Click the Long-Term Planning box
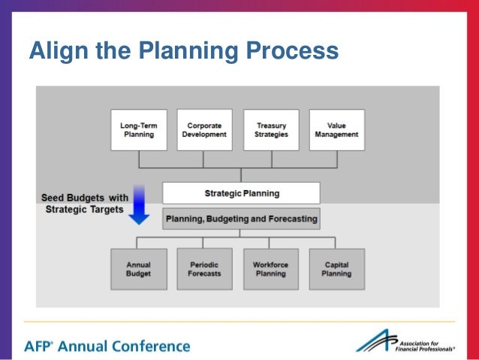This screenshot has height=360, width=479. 138,130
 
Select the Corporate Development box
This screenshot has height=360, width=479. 204,130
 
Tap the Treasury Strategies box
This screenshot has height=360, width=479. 271,130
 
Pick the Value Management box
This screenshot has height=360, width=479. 337,130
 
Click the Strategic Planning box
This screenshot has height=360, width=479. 241,193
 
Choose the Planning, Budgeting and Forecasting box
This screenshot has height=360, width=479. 241,219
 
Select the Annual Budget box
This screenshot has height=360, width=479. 138,269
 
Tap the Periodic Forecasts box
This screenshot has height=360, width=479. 204,269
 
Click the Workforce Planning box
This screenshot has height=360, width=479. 271,269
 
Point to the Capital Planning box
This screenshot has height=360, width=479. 337,269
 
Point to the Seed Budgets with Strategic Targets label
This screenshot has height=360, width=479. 84,204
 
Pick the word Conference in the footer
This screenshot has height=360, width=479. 151,346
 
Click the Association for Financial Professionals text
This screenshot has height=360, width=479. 432,343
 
